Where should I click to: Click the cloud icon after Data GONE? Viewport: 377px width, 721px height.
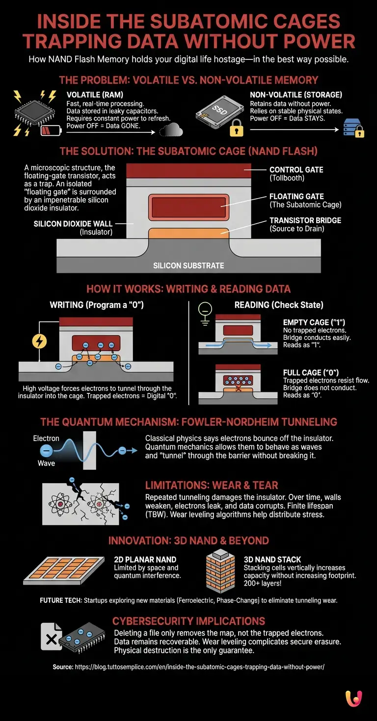[171, 130]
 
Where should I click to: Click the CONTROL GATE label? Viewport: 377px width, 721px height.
[296, 170]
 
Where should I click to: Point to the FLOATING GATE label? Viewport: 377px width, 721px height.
[297, 196]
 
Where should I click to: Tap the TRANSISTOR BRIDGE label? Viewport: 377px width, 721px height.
[305, 221]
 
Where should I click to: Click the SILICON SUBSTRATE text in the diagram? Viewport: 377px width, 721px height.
[188, 265]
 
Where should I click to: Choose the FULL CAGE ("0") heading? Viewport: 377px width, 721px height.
[311, 373]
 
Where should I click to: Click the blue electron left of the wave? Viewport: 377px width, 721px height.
[46, 450]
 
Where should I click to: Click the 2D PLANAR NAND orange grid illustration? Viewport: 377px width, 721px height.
[64, 570]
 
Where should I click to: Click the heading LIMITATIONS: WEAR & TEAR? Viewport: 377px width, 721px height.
[212, 485]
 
